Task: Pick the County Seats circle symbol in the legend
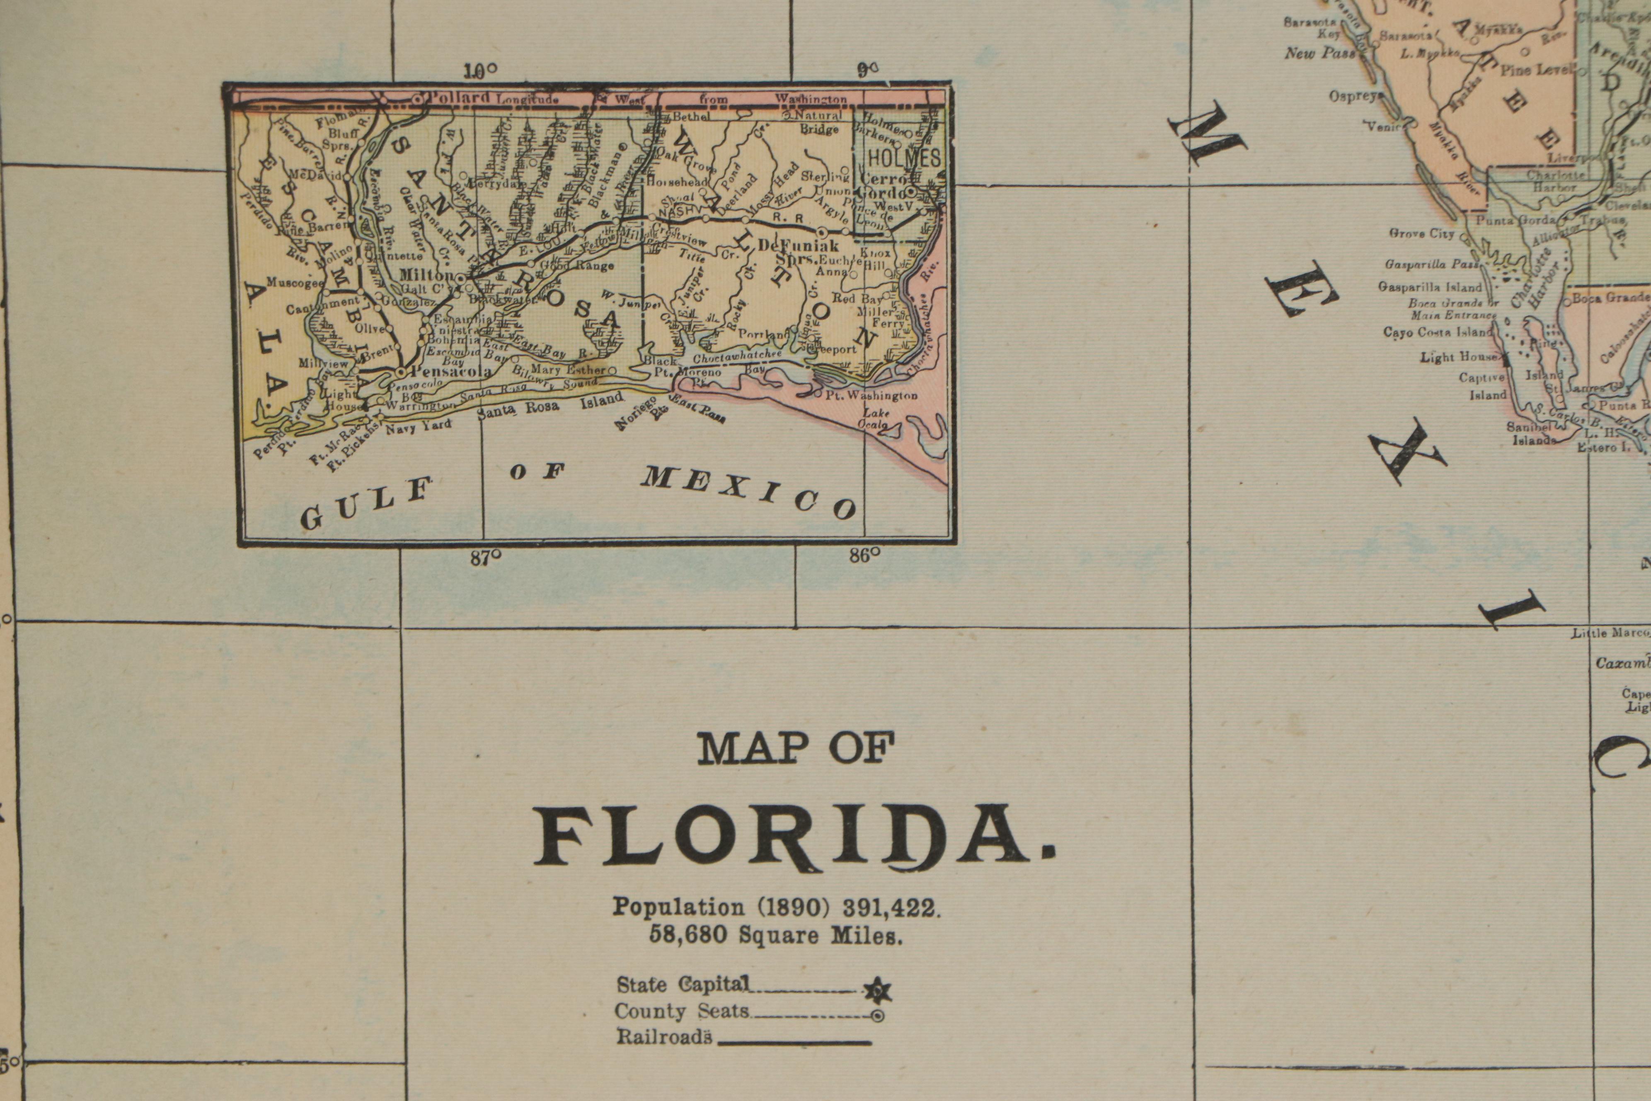[x=877, y=1015]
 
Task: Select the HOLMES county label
[x=904, y=157]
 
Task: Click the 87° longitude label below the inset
[x=486, y=558]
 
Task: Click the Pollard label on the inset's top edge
[x=459, y=97]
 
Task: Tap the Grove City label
[x=1421, y=234]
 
